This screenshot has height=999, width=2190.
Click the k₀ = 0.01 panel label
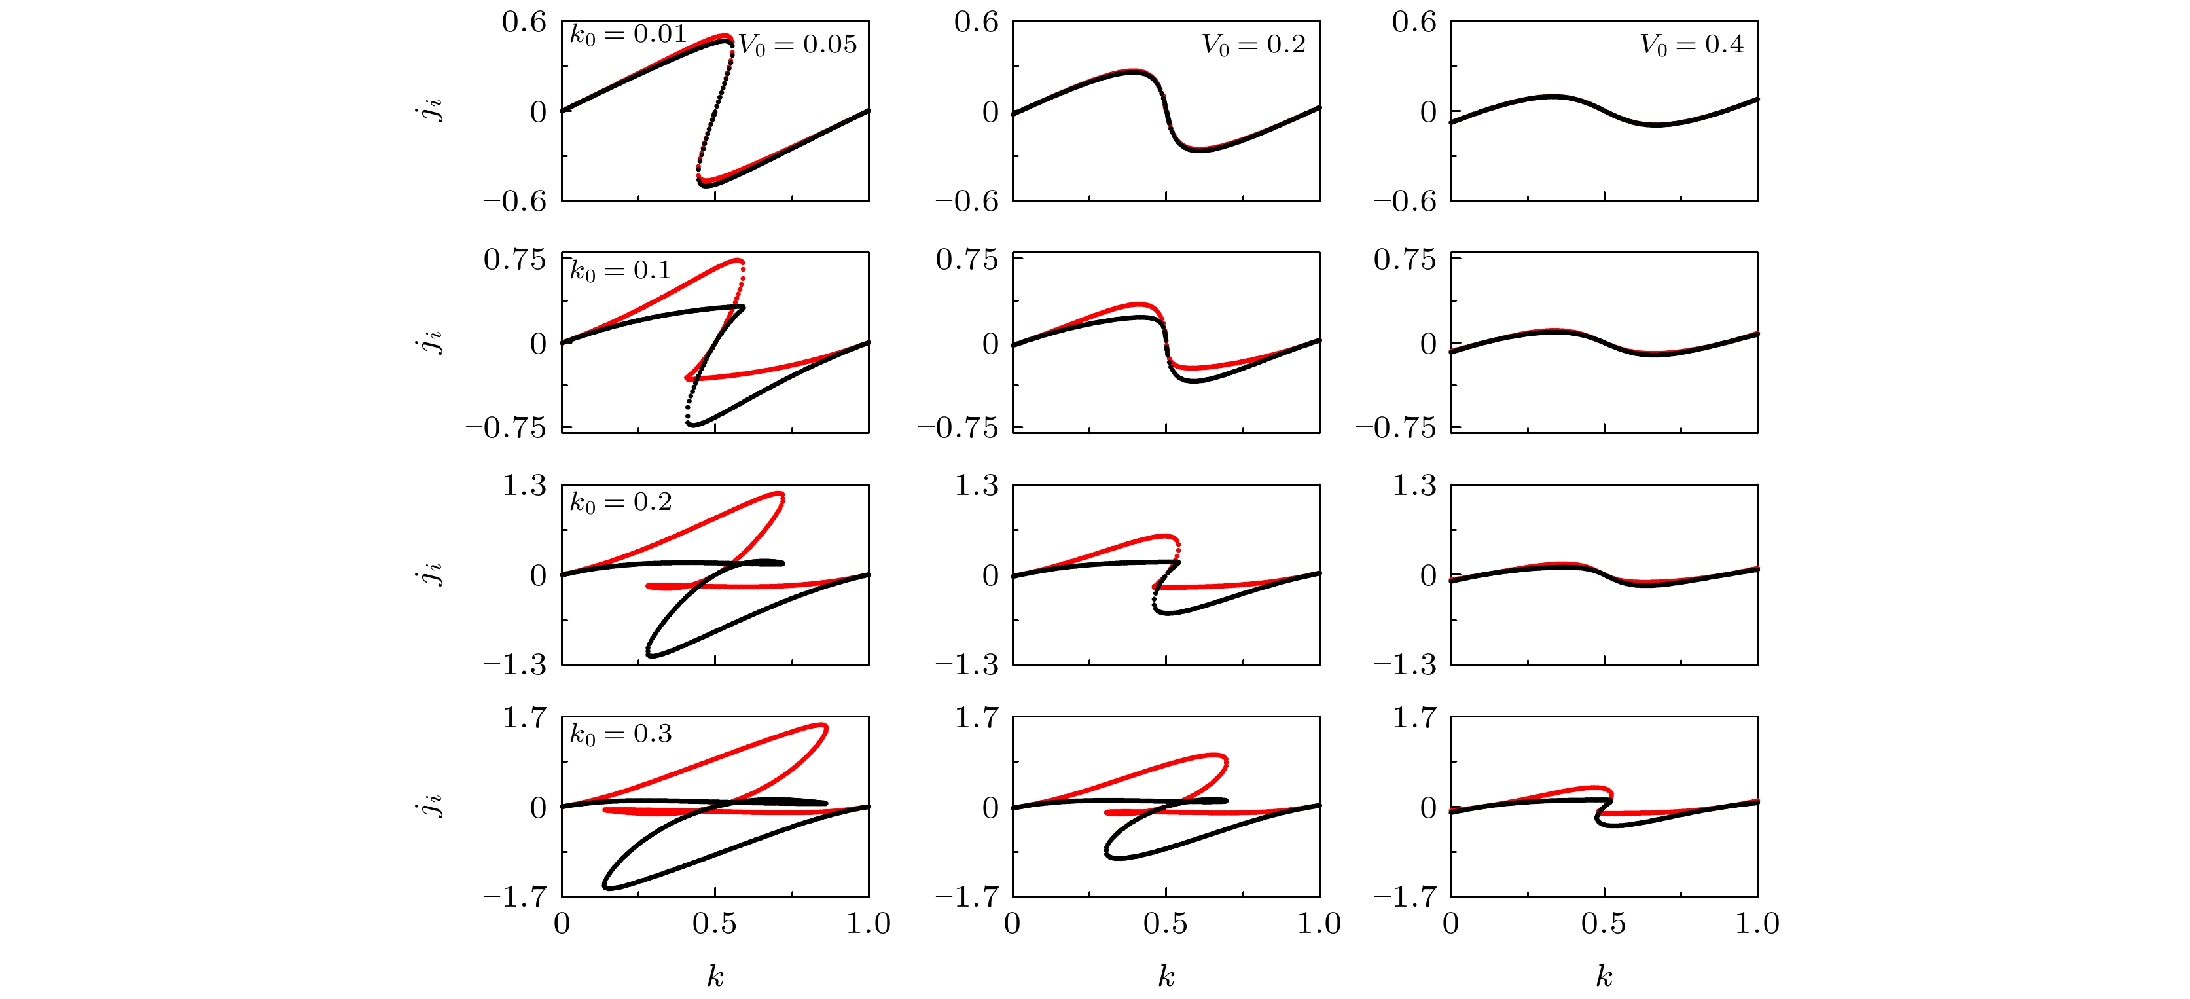[x=628, y=35]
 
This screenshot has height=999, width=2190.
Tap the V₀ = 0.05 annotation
[x=797, y=45]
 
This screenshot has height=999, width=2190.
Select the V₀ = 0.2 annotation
[x=1253, y=45]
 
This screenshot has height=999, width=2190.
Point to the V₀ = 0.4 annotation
[x=1691, y=45]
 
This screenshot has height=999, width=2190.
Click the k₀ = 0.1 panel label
[x=620, y=270]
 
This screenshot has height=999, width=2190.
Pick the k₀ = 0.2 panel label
[x=620, y=503]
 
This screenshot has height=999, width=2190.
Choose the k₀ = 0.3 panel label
[x=620, y=734]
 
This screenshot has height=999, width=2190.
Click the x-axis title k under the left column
[x=715, y=976]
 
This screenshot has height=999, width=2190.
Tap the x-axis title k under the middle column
[x=1166, y=976]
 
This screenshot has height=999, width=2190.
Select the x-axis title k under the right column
[x=1604, y=976]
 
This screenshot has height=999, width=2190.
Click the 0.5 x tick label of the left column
[x=714, y=923]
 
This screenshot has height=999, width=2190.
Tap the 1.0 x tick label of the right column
[x=1757, y=923]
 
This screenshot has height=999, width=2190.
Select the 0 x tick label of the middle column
[x=1012, y=923]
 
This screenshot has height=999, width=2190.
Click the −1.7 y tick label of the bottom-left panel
[x=514, y=896]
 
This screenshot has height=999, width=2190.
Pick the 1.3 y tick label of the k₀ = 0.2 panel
[x=524, y=486]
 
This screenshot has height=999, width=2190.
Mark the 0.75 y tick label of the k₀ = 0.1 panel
[x=514, y=259]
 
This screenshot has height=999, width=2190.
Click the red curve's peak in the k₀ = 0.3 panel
[x=821, y=725]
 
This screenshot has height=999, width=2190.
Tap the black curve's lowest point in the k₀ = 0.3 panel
[x=609, y=888]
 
